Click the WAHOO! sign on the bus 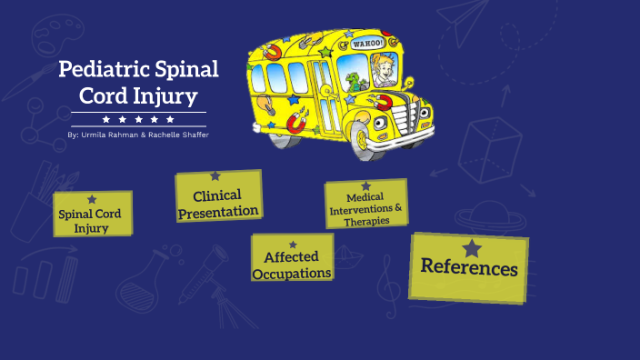pyautogui.click(x=368, y=43)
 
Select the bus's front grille pyautogui.click(x=419, y=115)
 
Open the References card pyautogui.click(x=468, y=266)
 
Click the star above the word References pyautogui.click(x=471, y=248)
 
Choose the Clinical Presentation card pyautogui.click(x=218, y=197)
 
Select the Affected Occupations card pyautogui.click(x=292, y=258)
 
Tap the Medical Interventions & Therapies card pyautogui.click(x=365, y=204)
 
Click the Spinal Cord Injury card pyautogui.click(x=92, y=215)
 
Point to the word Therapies pyautogui.click(x=366, y=221)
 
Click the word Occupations pyautogui.click(x=292, y=273)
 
